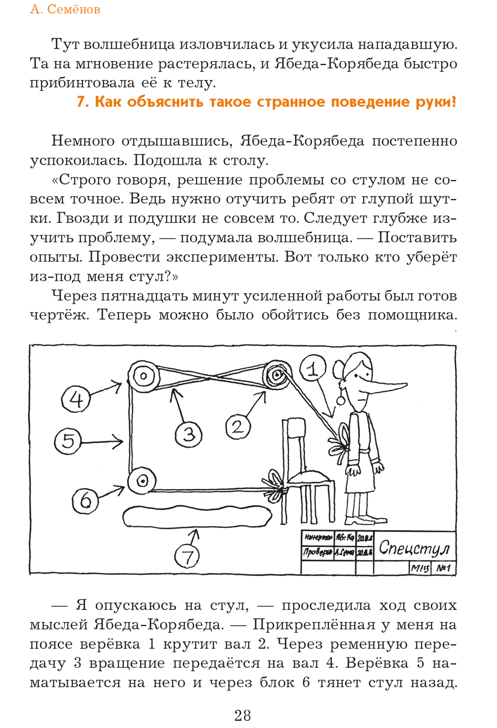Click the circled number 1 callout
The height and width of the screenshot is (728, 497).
tap(313, 368)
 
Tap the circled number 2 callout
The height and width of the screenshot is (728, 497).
tap(238, 427)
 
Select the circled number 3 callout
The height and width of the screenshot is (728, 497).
tap(188, 434)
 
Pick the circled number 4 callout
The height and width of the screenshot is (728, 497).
tap(76, 400)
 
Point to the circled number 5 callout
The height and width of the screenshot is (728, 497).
tap(68, 441)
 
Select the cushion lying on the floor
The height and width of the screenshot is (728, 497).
tap(197, 516)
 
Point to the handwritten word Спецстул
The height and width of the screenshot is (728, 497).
tap(414, 548)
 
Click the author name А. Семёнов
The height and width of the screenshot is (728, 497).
tap(65, 9)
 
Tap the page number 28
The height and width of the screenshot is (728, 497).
tap(243, 715)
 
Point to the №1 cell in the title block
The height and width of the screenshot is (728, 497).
tap(444, 569)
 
